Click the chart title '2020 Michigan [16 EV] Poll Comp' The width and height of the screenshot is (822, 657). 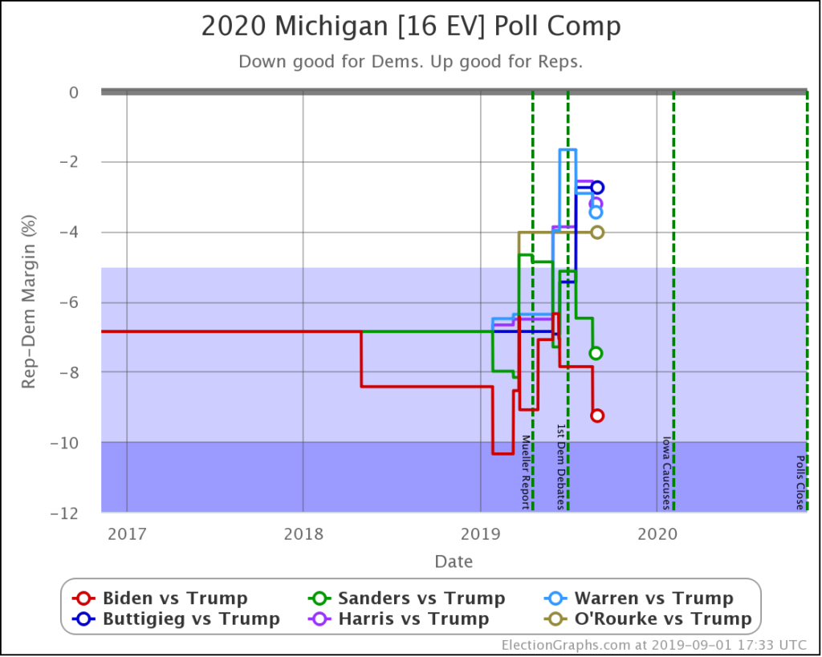411,27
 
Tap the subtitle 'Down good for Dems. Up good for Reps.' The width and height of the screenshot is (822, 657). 411,62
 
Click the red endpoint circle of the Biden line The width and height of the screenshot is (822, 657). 597,416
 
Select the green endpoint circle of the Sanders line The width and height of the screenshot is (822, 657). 596,353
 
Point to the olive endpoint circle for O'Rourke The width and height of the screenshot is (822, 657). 597,233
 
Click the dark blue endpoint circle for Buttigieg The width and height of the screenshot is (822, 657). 597,188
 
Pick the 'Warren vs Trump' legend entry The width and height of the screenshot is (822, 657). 642,598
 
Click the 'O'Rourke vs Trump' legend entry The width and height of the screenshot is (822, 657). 651,618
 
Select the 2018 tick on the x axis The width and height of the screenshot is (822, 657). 303,533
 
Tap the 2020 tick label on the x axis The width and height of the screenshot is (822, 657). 657,533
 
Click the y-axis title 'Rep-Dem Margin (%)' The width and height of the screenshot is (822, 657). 28,302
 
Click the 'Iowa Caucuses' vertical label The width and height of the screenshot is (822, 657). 665,472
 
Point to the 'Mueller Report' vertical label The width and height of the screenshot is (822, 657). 526,472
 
